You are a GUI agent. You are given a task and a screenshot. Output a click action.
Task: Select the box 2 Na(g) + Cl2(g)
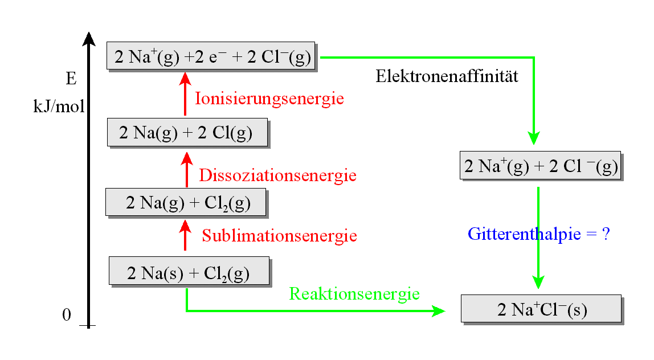(186, 202)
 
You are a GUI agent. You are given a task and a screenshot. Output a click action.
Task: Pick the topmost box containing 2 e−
(211, 56)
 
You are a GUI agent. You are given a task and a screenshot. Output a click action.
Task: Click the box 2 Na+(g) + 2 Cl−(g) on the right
(540, 165)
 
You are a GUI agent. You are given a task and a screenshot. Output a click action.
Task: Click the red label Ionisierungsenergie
(269, 99)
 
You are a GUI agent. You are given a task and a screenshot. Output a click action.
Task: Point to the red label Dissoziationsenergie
(277, 175)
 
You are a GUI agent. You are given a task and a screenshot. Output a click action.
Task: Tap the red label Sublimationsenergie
(279, 235)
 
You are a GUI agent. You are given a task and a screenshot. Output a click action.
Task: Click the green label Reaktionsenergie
(354, 294)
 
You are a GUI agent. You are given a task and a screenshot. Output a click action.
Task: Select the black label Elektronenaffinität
(447, 76)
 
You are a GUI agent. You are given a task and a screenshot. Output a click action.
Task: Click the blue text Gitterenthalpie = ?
(539, 234)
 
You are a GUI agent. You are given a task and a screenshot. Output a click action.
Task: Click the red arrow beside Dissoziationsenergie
(186, 169)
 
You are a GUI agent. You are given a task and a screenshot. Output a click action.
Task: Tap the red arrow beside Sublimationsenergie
(185, 235)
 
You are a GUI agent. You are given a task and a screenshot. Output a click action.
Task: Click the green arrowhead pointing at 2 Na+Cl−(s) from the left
(438, 311)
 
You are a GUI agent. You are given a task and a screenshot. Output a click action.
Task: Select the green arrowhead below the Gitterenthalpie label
(538, 281)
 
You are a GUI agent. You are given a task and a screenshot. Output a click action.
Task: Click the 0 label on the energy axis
(67, 315)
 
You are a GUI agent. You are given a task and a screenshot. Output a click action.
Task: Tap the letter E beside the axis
(71, 79)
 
